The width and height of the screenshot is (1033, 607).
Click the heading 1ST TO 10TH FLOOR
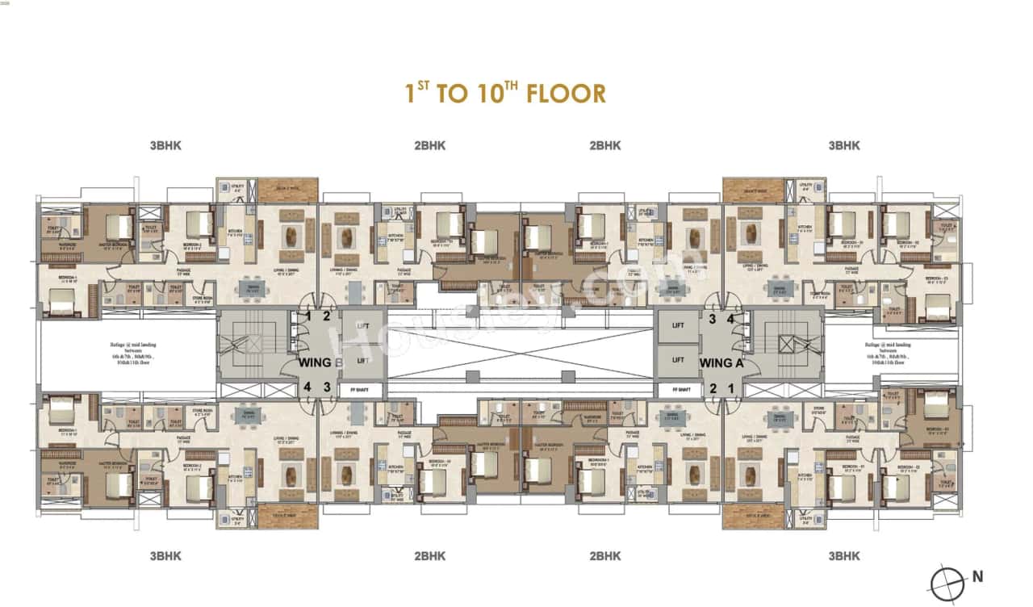tap(505, 93)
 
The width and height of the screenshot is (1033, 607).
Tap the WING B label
tap(316, 362)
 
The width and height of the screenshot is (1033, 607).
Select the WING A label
tap(721, 362)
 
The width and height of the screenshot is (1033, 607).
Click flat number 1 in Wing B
tap(308, 316)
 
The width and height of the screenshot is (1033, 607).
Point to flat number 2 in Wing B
tap(327, 316)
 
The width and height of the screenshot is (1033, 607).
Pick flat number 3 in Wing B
tap(327, 387)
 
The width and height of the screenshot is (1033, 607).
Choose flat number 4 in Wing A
tap(730, 319)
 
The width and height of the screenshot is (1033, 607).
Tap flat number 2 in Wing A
tap(713, 389)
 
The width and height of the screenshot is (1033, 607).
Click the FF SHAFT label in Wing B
tap(351, 389)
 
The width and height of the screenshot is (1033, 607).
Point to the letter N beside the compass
tap(977, 576)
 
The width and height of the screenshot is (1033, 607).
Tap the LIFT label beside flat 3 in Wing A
tap(678, 324)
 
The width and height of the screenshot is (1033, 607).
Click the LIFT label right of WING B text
tap(362, 361)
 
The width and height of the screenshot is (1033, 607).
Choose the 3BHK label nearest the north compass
tap(843, 556)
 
